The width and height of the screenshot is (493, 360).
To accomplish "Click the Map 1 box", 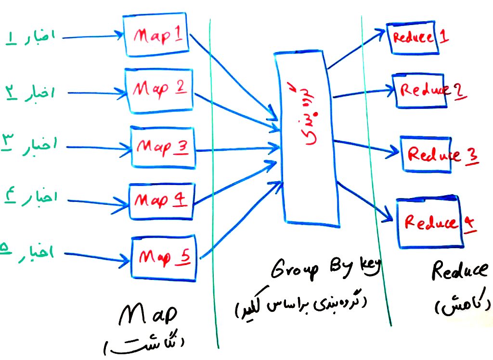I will [x=156, y=36].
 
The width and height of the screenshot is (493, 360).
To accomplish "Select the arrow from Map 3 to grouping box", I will [x=238, y=148].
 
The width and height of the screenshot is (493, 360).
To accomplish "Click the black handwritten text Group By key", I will [x=325, y=270].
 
